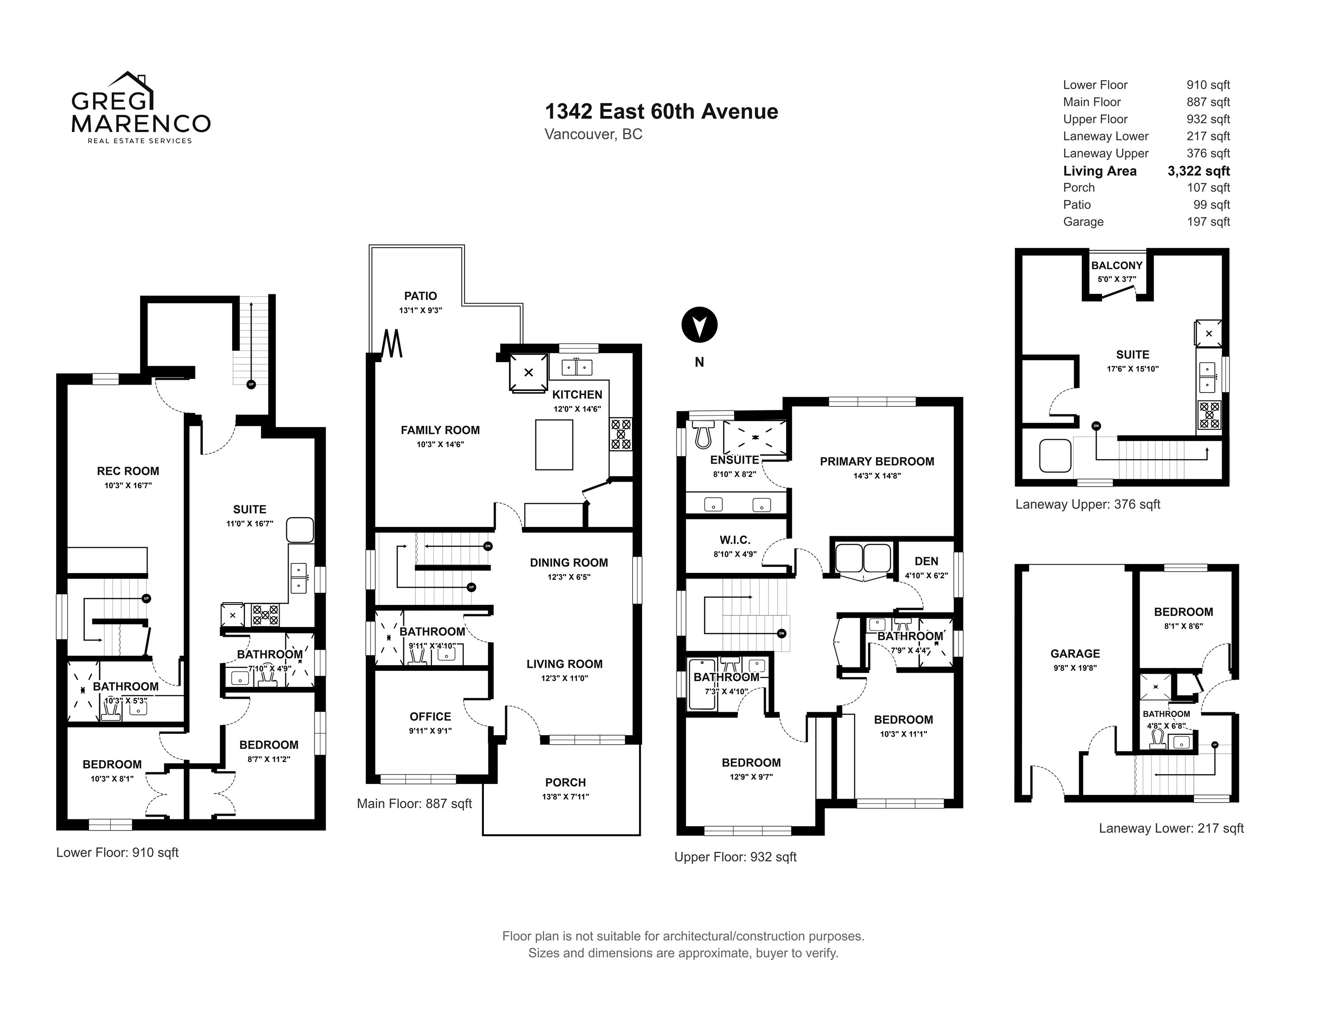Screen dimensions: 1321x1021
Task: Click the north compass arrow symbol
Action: pyautogui.click(x=699, y=325)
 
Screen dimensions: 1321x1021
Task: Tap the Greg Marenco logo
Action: pyautogui.click(x=141, y=108)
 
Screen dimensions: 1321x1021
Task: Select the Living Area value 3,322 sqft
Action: pyautogui.click(x=1198, y=171)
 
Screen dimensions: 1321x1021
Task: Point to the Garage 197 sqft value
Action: pyautogui.click(x=1208, y=222)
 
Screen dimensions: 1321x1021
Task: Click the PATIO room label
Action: pyautogui.click(x=421, y=296)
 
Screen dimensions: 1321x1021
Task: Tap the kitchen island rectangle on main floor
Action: pyautogui.click(x=554, y=444)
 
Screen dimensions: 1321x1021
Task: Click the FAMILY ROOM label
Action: pyautogui.click(x=440, y=430)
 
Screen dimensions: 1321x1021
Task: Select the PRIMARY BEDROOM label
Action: pyautogui.click(x=877, y=461)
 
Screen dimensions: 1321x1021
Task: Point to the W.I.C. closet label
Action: pyautogui.click(x=735, y=540)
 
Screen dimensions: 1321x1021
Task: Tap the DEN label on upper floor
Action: pyautogui.click(x=926, y=562)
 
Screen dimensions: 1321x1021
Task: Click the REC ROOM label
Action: pyautogui.click(x=128, y=471)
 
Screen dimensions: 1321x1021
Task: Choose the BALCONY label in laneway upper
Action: pyautogui.click(x=1117, y=265)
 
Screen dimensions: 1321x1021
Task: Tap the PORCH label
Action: pyautogui.click(x=565, y=783)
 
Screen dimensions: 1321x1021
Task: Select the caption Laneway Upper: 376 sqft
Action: pyautogui.click(x=1087, y=504)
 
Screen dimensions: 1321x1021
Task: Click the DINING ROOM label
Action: pyautogui.click(x=569, y=562)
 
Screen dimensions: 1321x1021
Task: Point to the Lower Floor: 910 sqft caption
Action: pyautogui.click(x=117, y=853)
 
